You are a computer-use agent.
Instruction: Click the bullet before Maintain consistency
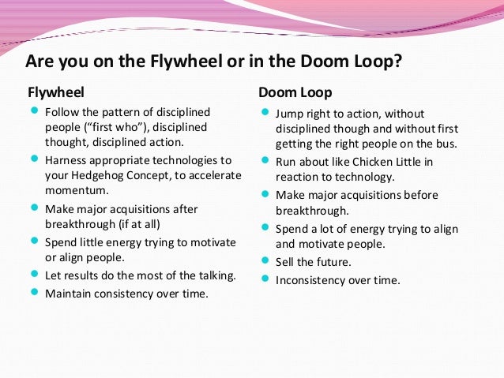click(x=34, y=293)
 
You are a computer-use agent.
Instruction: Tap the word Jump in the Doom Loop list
click(x=289, y=113)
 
